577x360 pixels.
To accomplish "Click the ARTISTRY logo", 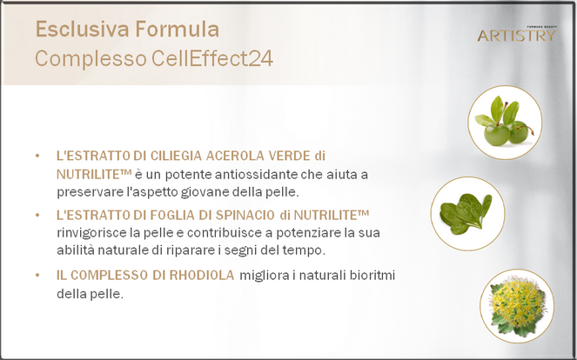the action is coord(518,34).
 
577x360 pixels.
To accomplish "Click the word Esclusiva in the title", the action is coord(83,29).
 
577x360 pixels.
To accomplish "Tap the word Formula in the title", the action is coord(178,29).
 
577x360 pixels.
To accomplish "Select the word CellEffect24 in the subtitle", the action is coord(212,58).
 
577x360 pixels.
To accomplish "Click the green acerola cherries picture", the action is coord(505,123).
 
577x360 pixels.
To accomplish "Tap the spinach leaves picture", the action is coord(467,214).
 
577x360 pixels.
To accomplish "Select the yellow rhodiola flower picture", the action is coord(517,306).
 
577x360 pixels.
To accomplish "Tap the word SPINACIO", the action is coord(245,215).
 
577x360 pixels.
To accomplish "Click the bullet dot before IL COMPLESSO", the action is coord(37,275).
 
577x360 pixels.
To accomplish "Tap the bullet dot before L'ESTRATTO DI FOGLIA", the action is coord(37,215).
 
